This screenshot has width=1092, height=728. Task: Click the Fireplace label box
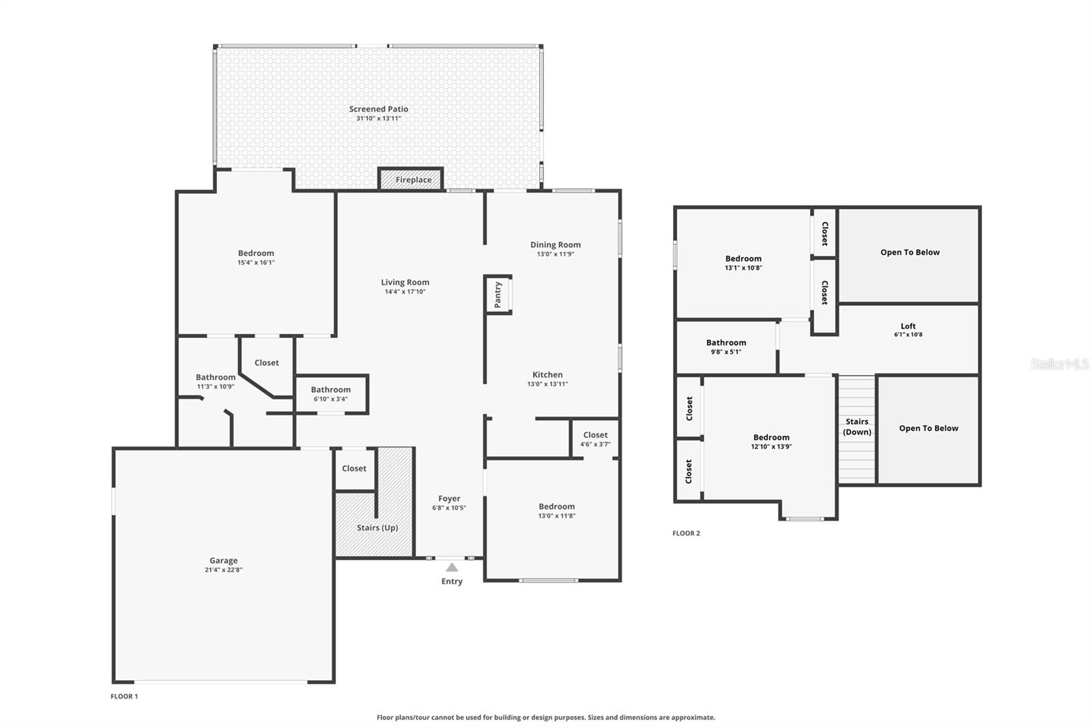411,179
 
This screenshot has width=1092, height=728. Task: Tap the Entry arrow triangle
452,567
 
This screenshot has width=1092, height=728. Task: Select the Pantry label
498,294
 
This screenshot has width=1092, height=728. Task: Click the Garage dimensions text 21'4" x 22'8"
223,570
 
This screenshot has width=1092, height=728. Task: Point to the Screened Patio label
378,109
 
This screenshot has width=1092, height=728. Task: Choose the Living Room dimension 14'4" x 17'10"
405,292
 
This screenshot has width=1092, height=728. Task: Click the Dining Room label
556,244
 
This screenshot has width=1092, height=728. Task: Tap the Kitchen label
547,374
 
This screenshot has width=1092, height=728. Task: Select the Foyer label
449,498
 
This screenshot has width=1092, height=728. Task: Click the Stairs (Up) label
377,527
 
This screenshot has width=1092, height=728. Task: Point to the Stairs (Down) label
857,426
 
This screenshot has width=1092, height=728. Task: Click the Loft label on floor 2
908,326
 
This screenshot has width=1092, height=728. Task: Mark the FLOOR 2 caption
686,533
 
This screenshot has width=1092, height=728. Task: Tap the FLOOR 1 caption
124,697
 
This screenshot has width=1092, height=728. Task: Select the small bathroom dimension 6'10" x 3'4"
330,399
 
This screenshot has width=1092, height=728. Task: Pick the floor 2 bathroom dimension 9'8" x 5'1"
726,352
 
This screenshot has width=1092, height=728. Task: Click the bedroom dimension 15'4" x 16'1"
256,262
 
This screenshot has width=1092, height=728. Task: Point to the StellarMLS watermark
1059,363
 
